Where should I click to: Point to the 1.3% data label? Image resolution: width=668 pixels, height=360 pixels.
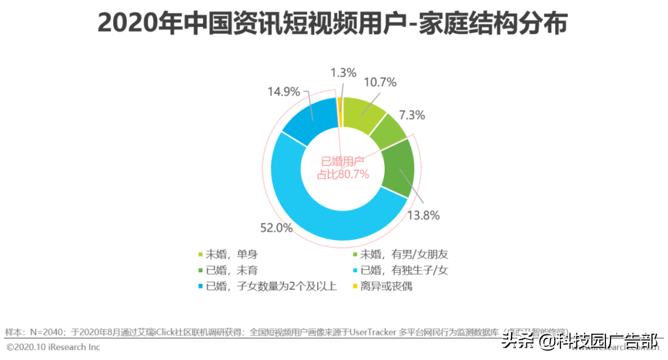[x=343, y=72]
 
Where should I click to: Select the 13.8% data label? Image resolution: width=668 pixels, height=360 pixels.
[x=424, y=215]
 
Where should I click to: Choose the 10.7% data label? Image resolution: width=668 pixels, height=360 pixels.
[x=380, y=82]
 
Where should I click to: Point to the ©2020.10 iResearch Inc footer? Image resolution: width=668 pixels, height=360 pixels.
[x=53, y=347]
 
